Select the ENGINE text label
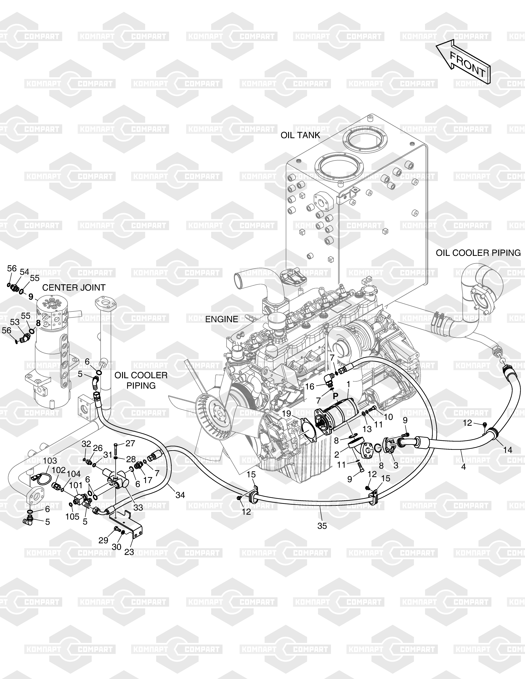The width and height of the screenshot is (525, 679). coord(222,319)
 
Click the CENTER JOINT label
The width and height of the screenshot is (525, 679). coord(74,288)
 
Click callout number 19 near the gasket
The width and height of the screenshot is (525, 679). coord(286,413)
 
